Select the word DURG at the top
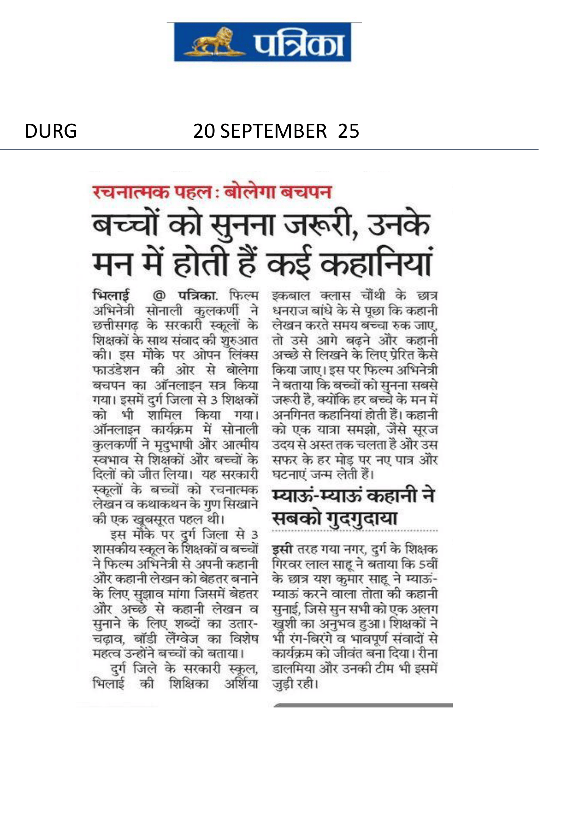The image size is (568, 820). (51, 131)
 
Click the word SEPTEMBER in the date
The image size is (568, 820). (273, 131)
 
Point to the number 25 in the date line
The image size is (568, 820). (348, 131)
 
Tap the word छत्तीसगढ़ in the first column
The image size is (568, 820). (115, 325)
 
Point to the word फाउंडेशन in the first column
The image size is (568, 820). (116, 370)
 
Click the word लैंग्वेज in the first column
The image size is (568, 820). (181, 639)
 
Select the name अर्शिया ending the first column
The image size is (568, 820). (241, 684)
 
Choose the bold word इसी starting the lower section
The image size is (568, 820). (282, 549)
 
